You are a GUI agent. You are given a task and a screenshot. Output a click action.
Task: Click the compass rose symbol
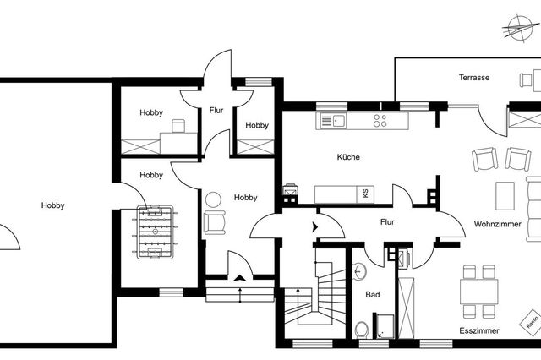(520, 28)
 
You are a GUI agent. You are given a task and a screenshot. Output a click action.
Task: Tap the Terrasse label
(474, 78)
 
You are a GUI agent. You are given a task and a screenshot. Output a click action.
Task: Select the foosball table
(155, 232)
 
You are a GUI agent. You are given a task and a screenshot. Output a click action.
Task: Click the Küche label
(348, 157)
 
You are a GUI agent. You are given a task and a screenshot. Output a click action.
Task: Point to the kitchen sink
(333, 121)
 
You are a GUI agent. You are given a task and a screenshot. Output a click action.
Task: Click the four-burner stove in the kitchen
(380, 121)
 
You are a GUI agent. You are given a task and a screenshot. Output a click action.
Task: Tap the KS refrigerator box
(365, 194)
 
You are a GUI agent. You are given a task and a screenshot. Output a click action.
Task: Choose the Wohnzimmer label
(498, 224)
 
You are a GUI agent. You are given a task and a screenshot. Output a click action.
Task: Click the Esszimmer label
(479, 331)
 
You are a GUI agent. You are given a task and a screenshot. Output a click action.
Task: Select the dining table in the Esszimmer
(479, 292)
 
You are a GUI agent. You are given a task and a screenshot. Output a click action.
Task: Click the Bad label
(373, 295)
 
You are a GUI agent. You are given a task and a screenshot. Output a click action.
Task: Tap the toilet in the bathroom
(362, 330)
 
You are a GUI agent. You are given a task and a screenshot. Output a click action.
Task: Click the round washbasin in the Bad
(360, 271)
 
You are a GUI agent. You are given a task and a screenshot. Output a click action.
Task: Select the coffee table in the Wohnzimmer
(505, 196)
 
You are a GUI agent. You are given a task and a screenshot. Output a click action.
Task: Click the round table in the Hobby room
(213, 199)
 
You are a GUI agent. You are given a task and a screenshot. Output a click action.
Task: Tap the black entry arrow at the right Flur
(315, 227)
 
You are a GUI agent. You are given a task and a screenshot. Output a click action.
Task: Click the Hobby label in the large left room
(52, 205)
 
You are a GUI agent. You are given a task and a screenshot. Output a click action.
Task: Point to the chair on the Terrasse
(526, 80)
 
